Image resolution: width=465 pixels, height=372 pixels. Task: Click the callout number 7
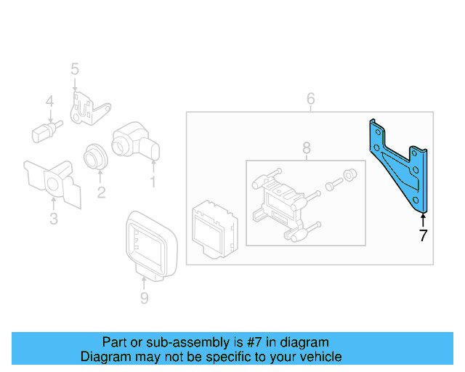[x=422, y=235]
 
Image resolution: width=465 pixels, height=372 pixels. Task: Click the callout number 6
[x=310, y=98]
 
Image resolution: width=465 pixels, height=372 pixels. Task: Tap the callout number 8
[x=306, y=149]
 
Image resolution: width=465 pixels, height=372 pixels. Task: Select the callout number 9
[x=144, y=298]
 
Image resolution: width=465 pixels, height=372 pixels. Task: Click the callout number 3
[x=53, y=219]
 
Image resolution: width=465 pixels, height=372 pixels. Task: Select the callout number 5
[x=74, y=69]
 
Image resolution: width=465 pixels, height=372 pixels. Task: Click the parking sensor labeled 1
[x=134, y=140]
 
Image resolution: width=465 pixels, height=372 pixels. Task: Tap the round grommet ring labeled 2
[x=95, y=155]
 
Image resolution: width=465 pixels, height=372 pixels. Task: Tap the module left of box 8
[x=211, y=226]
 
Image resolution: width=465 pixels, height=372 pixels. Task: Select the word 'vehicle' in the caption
[x=319, y=357]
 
